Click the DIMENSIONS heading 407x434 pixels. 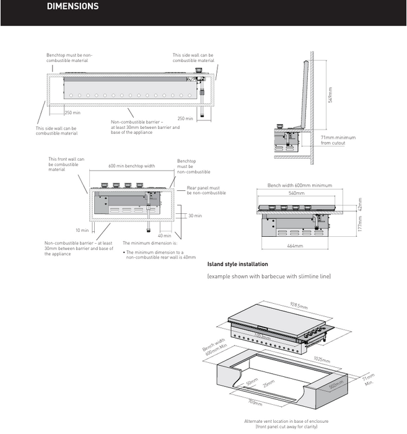click(x=72, y=7)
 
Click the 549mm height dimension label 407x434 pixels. click(x=331, y=95)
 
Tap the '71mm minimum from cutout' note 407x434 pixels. click(x=338, y=140)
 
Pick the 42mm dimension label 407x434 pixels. click(x=359, y=203)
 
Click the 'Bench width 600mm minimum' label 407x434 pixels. click(x=299, y=185)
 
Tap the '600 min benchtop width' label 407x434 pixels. click(x=132, y=166)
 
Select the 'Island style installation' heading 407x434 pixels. click(x=237, y=264)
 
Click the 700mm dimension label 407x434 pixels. click(x=255, y=402)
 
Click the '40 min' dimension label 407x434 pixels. click(x=164, y=236)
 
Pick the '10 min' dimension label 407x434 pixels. click(x=82, y=230)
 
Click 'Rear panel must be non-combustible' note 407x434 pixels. click(x=203, y=190)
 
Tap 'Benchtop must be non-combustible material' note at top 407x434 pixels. click(x=69, y=58)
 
